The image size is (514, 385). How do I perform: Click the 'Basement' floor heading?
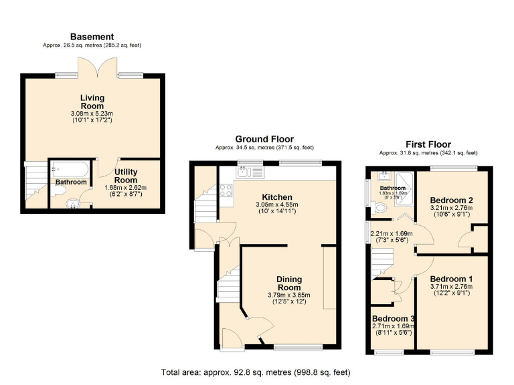click(92, 37)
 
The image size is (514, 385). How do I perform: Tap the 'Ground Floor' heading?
click(264, 139)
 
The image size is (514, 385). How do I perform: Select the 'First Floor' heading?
click(428, 144)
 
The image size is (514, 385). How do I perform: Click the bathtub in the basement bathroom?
click(70, 169)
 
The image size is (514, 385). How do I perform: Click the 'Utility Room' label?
click(126, 176)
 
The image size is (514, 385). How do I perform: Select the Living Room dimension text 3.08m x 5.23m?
click(92, 114)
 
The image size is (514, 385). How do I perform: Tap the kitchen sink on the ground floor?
click(250, 172)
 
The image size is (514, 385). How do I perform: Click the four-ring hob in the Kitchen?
click(226, 190)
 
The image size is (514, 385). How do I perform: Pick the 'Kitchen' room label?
click(276, 197)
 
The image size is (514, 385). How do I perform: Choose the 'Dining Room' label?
click(290, 283)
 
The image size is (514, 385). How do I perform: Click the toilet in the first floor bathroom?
click(381, 209)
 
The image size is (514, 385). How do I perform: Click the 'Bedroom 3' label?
click(393, 318)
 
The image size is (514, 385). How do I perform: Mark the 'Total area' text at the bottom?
click(256, 372)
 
